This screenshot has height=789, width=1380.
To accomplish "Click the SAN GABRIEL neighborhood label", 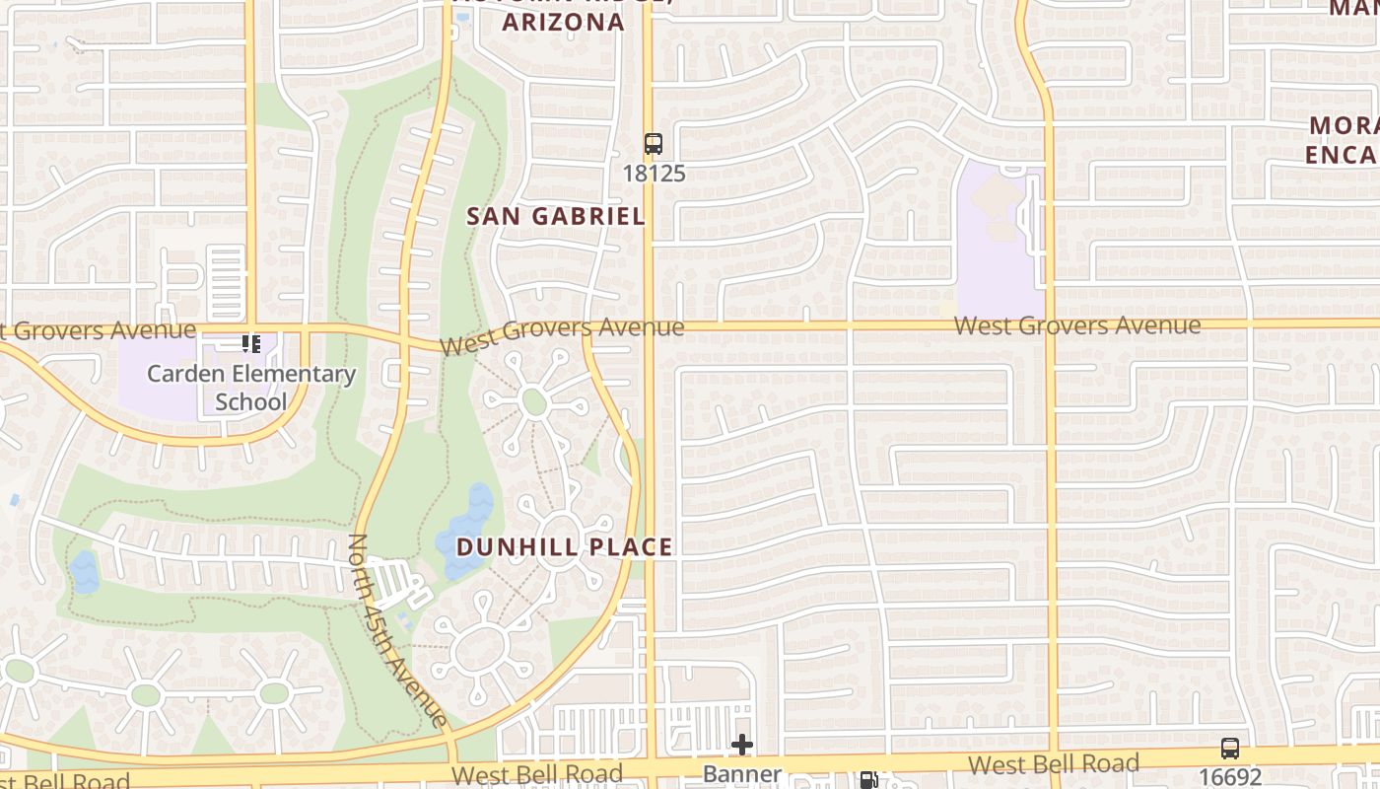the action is tap(555, 216).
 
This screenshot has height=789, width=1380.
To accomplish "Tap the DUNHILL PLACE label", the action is tap(565, 547).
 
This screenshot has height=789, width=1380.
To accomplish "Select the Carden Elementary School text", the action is tap(251, 388).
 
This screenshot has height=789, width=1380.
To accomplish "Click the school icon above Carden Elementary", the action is tap(250, 344).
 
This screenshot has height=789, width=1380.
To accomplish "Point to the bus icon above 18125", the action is tap(654, 143).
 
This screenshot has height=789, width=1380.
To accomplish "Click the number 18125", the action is tap(654, 174).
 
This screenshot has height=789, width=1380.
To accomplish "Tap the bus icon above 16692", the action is tap(1229, 748).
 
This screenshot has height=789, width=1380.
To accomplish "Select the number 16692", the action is tap(1229, 776).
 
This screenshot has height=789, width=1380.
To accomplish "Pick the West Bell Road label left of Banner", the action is tap(537, 774).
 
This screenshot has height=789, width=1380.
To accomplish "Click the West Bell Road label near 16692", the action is tap(1053, 764).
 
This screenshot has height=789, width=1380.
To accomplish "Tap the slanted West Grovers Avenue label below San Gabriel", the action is tap(562, 335).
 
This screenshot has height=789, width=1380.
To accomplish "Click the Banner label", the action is tap(742, 775).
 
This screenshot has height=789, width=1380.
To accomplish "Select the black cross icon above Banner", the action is tap(742, 745).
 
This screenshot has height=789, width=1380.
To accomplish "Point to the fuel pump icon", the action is tap(868, 780).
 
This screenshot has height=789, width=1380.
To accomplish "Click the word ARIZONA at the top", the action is tap(564, 22).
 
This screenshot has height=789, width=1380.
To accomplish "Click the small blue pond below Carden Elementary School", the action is tap(85, 572).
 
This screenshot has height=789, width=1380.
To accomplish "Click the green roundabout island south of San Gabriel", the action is tap(533, 401).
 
